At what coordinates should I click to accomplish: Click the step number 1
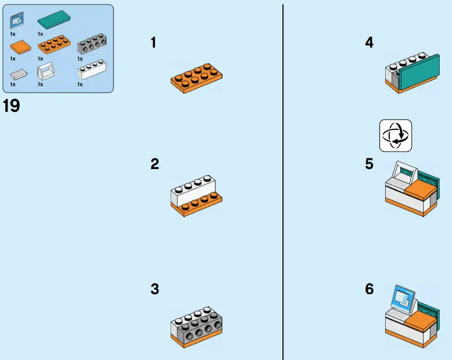coord(154,43)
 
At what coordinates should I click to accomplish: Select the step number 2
coord(155,164)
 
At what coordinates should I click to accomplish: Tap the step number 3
coord(155,289)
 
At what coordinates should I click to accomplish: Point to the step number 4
coord(369,43)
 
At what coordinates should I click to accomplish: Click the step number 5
coord(369,164)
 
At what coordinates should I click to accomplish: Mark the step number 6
coord(369,289)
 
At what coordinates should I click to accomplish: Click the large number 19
coord(11,105)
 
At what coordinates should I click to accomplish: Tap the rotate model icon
coord(395,135)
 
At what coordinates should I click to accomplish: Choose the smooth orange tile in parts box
coord(20,47)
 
